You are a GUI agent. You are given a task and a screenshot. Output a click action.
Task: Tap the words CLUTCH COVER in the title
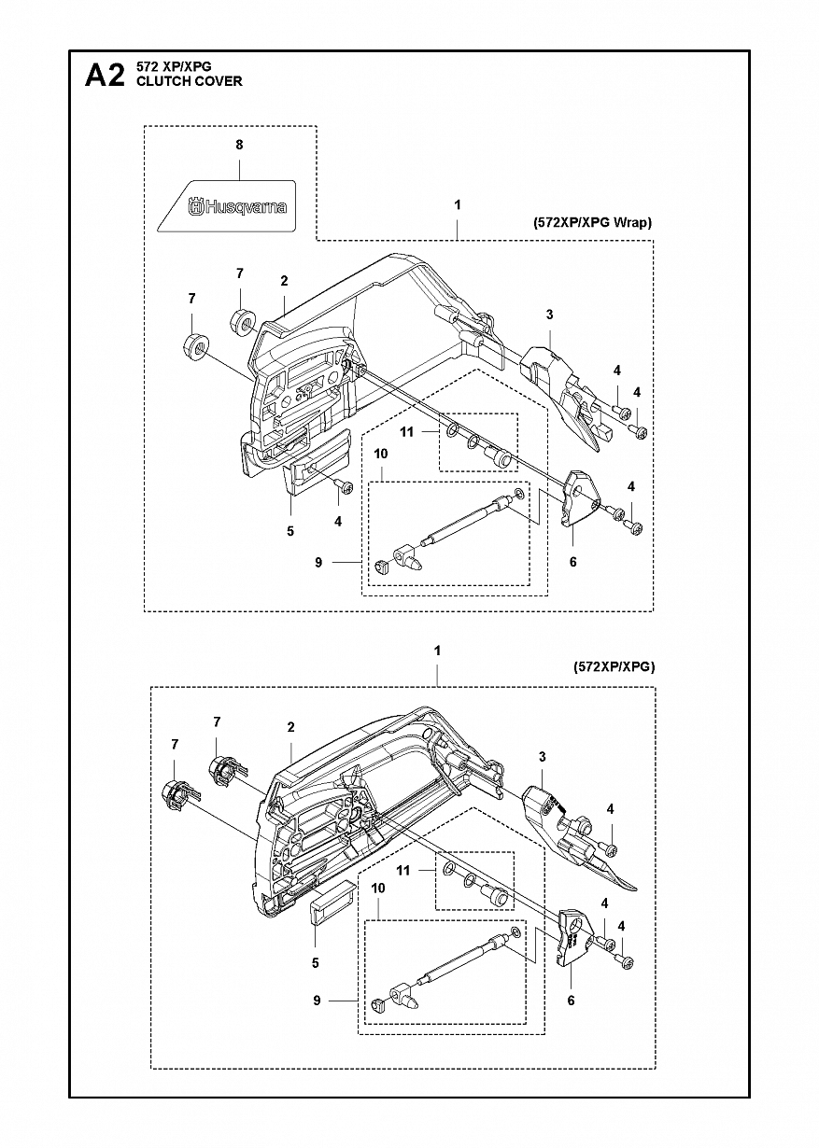[x=190, y=81]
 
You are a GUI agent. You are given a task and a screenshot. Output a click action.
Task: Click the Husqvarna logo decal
[x=226, y=205]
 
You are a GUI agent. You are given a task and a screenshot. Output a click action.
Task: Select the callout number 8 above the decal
[x=239, y=145]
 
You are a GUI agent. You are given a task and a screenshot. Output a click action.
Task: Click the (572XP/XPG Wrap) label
[x=592, y=223]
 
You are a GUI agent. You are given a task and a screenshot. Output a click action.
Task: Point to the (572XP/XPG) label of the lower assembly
[x=614, y=666]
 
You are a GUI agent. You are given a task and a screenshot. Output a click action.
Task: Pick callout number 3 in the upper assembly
[x=549, y=315]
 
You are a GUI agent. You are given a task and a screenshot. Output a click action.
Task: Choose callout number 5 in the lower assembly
[x=316, y=963]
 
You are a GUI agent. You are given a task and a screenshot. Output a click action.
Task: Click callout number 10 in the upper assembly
[x=380, y=454]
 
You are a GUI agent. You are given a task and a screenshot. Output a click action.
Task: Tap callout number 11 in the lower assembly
[x=403, y=870]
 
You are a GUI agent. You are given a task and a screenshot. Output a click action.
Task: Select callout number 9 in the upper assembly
[x=318, y=563]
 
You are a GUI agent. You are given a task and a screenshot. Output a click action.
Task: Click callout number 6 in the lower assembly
[x=571, y=1001]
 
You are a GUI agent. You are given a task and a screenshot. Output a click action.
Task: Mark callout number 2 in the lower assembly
[x=290, y=727]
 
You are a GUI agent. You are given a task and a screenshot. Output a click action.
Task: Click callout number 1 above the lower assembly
[x=437, y=651]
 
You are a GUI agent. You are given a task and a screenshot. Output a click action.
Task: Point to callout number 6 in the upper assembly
[x=572, y=562]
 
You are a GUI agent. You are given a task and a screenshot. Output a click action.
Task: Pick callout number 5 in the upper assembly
[x=290, y=531]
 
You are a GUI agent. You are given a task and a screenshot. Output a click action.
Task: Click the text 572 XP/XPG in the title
[x=174, y=66]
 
